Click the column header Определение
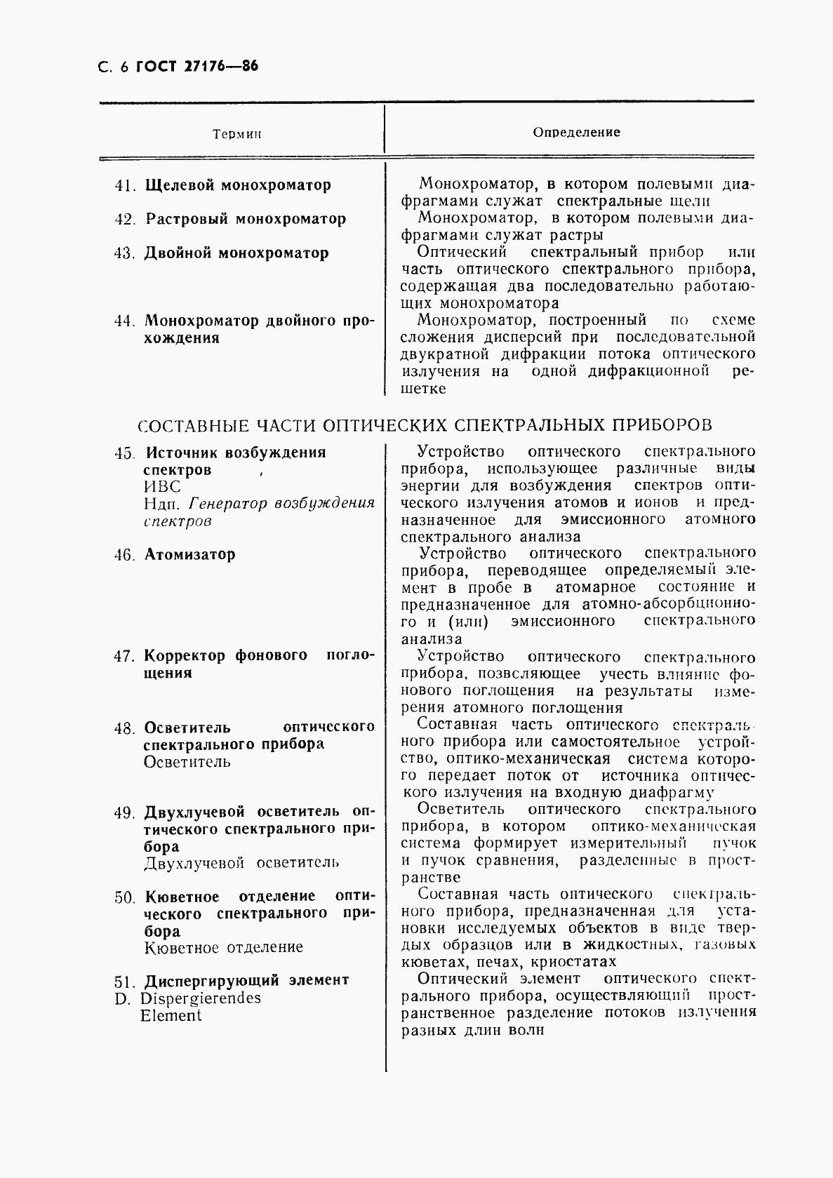coord(576,132)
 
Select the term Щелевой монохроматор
coord(238,186)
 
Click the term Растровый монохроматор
coord(246,219)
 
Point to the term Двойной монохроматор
coord(236,253)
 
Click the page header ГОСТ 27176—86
coord(196,67)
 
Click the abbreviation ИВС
coord(162,487)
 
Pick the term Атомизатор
coord(189,554)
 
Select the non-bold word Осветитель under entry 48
coord(187,762)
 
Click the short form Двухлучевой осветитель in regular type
coord(241,863)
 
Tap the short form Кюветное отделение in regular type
coord(223,948)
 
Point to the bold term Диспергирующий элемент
coord(246,980)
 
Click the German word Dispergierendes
coord(200,998)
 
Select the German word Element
coord(171,1015)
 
